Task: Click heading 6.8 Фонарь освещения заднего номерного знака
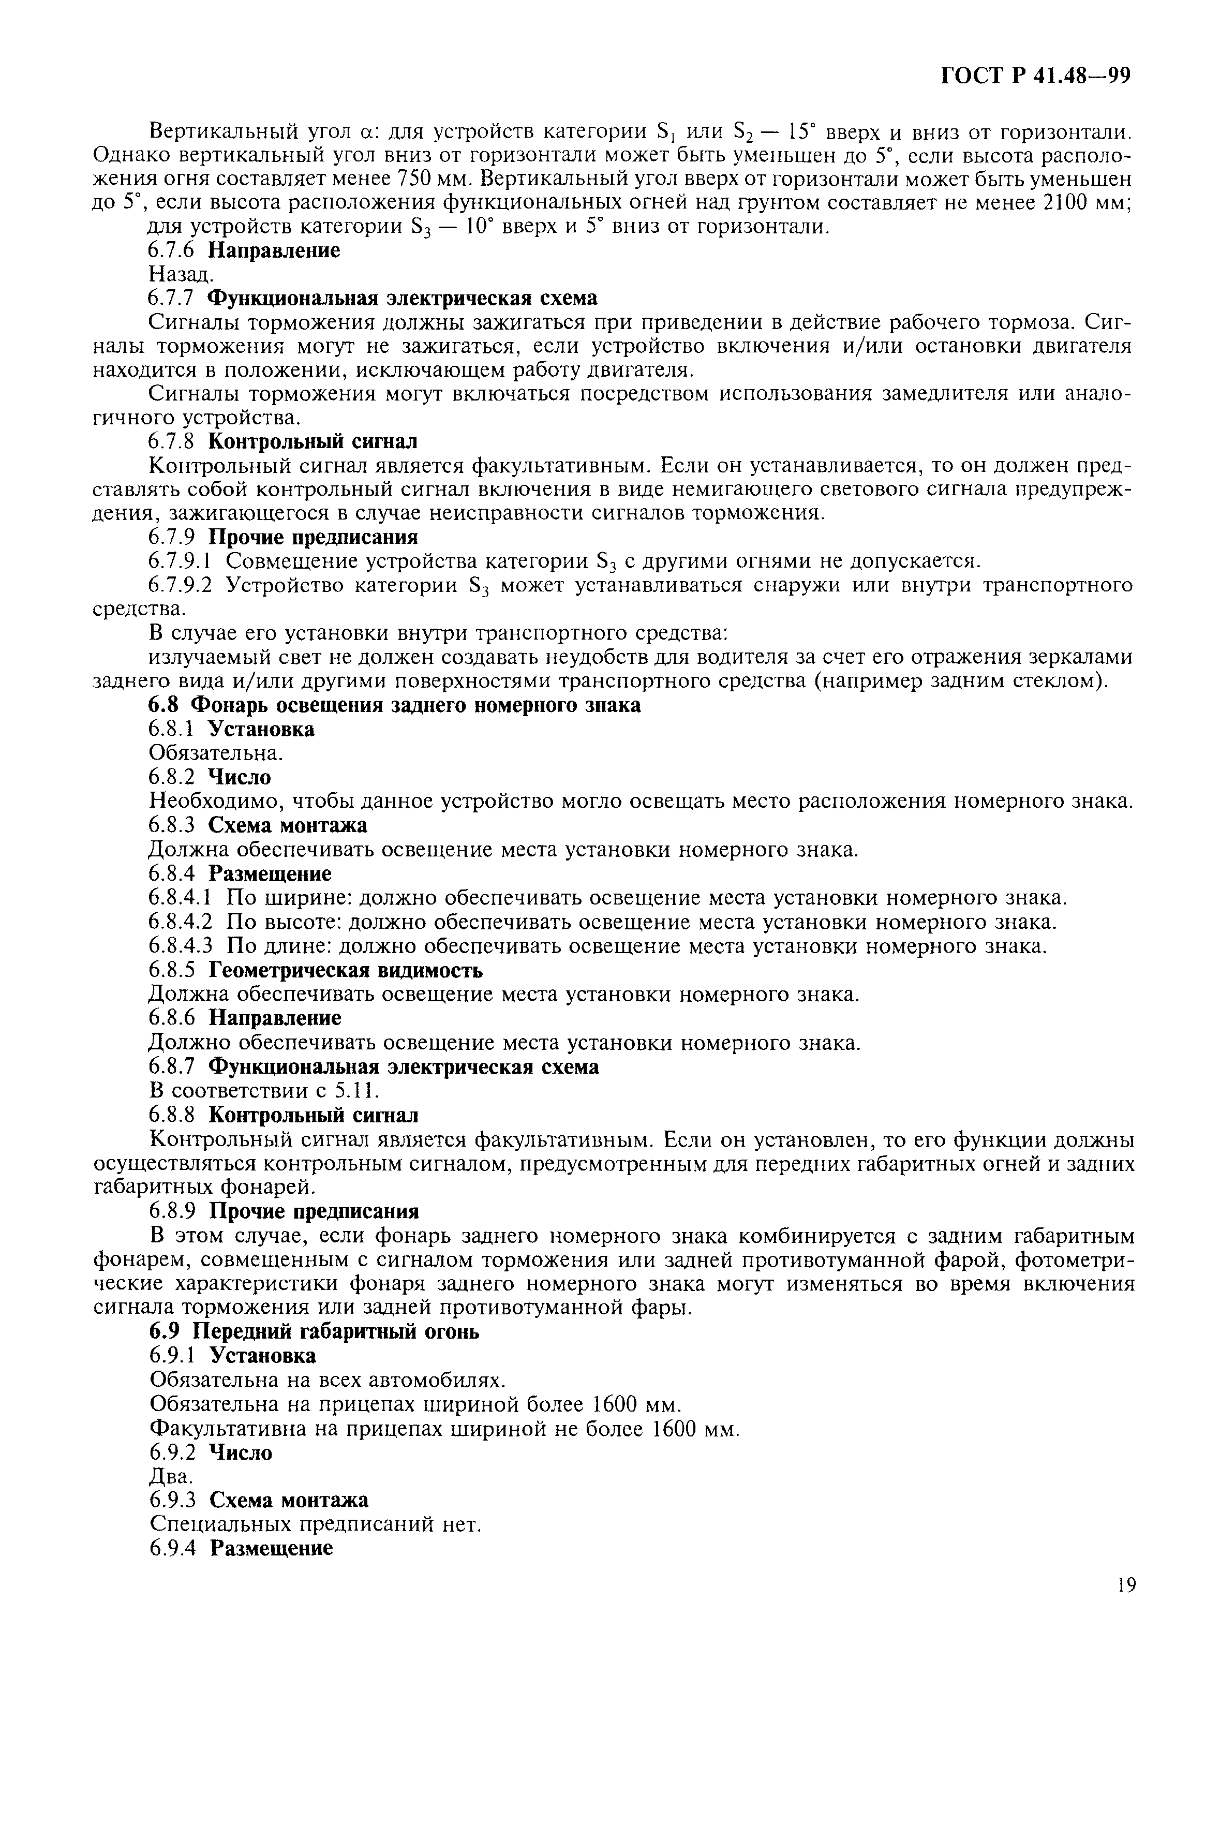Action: coord(394,706)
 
